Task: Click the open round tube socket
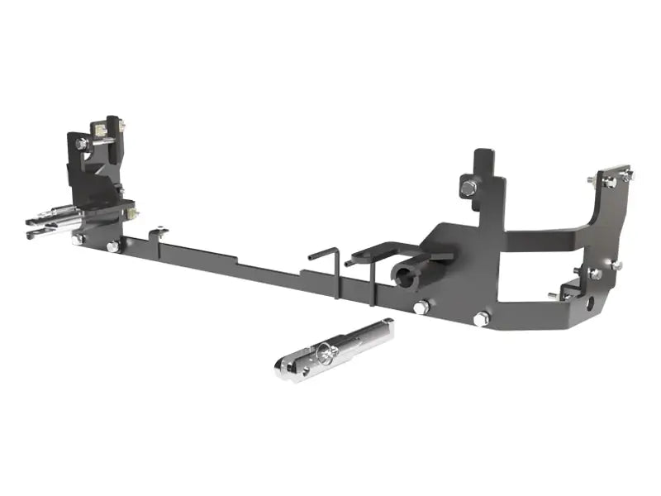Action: coord(407,276)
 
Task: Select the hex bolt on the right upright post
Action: coord(468,188)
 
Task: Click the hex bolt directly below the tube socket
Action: coord(421,307)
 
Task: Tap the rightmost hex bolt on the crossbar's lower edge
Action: coord(482,318)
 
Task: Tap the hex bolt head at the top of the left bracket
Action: coord(82,144)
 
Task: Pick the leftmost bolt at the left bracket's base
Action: coord(78,240)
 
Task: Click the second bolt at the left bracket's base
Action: coord(113,246)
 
